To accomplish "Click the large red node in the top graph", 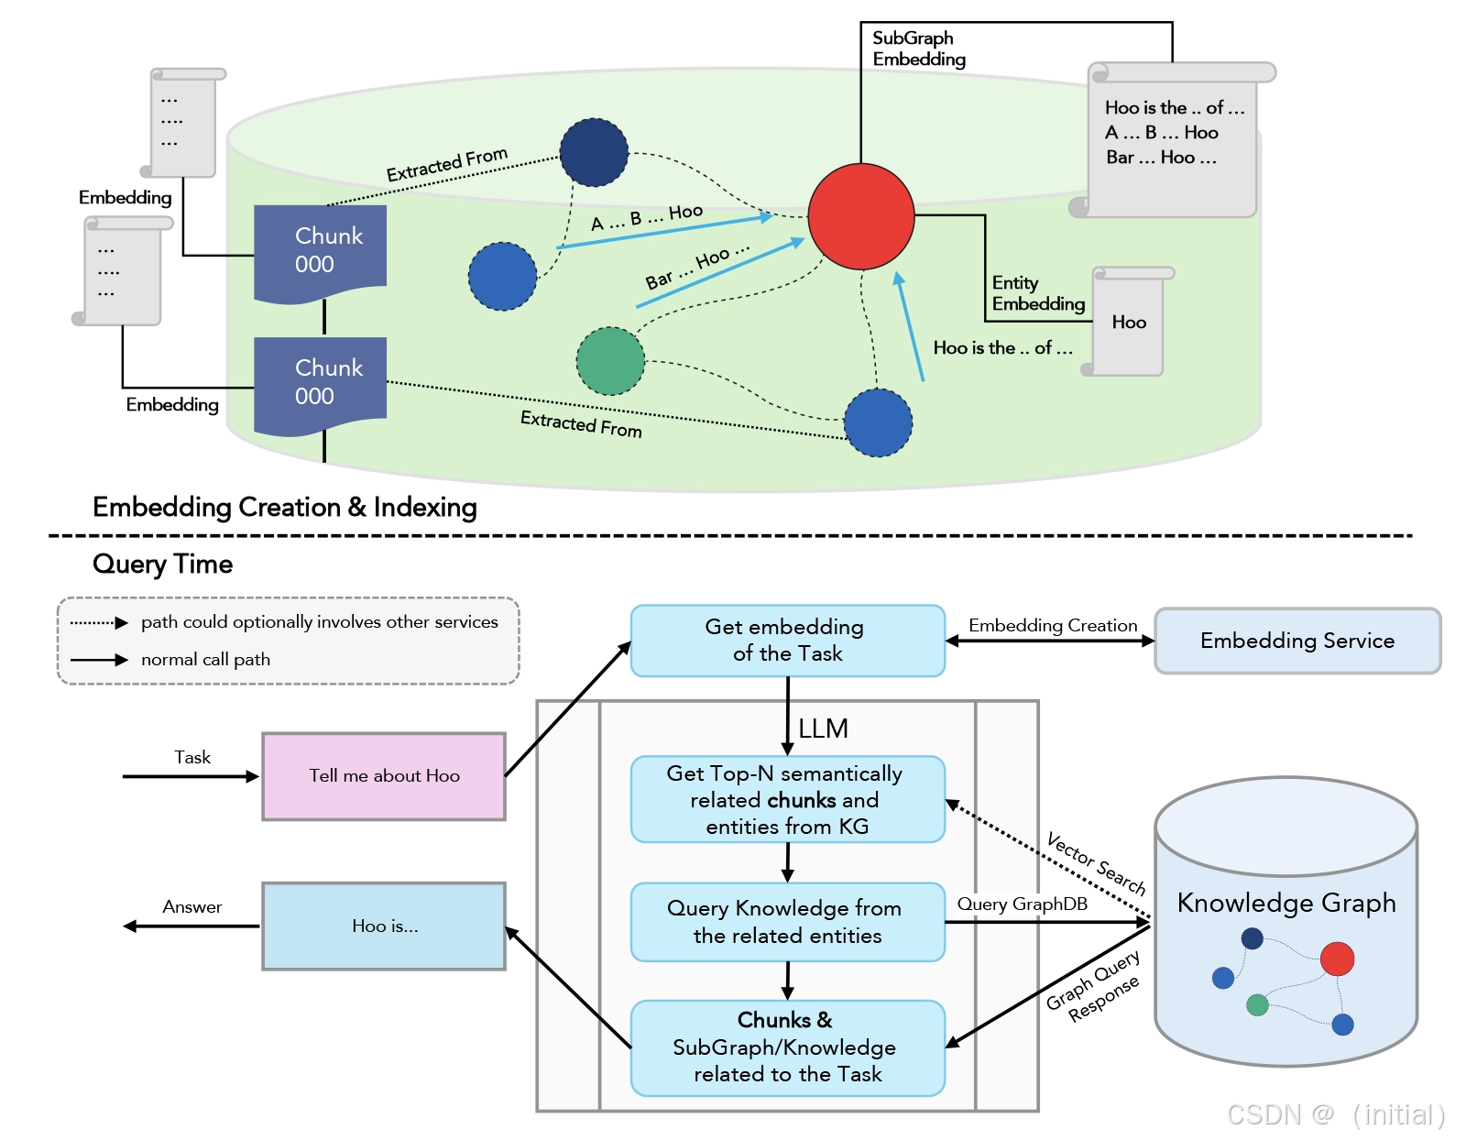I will point(860,216).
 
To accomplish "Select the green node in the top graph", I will point(610,361).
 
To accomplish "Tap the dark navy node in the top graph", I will point(594,152).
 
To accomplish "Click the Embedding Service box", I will point(1296,641).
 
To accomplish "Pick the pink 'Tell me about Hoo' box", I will point(384,776).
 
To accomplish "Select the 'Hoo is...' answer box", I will point(384,926).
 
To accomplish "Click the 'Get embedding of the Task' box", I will point(787,641).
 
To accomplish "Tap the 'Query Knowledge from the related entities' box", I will point(787,922).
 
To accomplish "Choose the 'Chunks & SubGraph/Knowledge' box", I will point(787,1047).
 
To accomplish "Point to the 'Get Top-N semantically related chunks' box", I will point(787,799).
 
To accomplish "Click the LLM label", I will point(823,729).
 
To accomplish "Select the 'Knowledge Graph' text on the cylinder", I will point(1285,903).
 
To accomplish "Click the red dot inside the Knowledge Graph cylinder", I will point(1337,959).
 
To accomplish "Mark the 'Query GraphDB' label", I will point(1022,904).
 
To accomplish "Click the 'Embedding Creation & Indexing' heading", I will point(284,508).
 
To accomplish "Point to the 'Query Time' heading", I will point(162,565).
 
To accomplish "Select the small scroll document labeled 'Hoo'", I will point(1129,323).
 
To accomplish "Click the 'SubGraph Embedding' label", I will point(918,49).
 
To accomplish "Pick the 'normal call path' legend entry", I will point(205,660).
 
